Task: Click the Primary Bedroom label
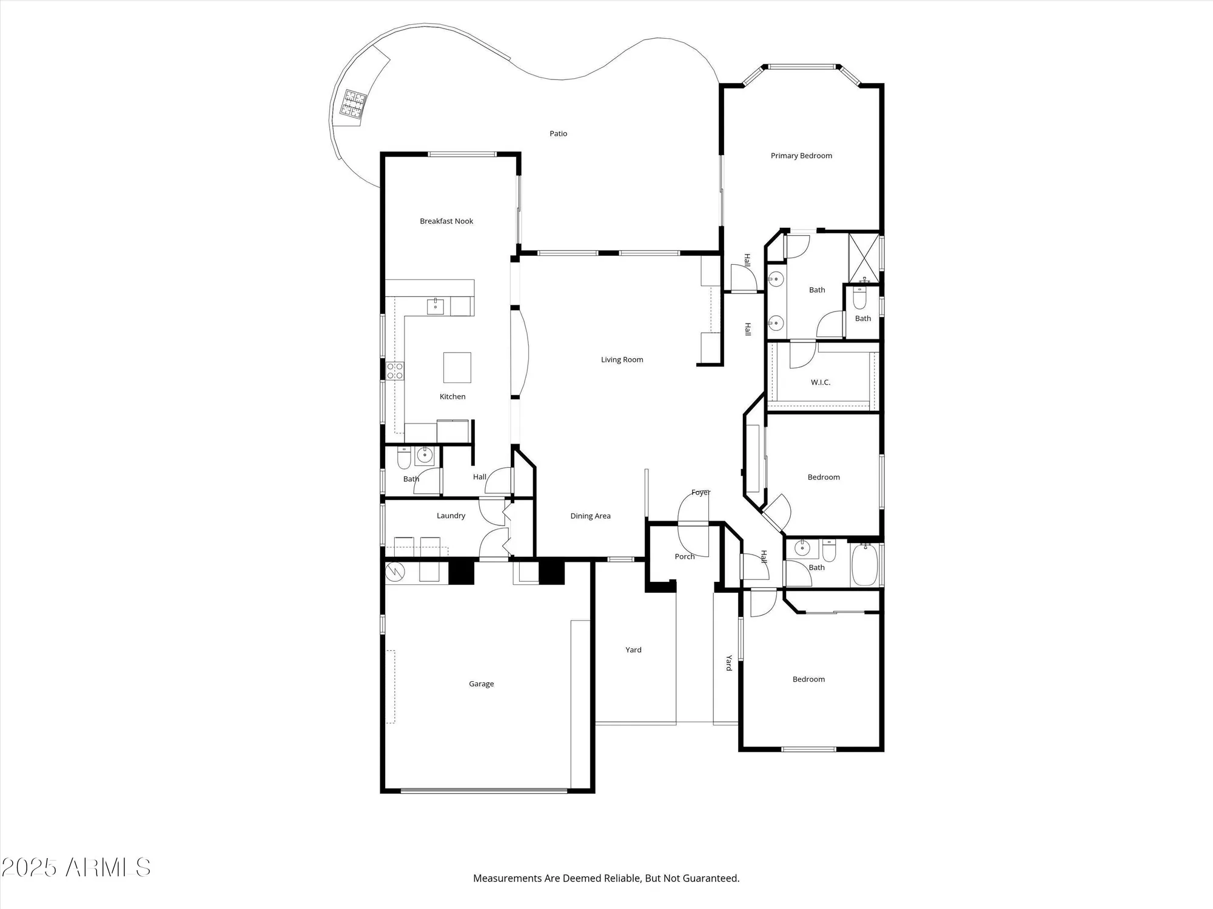[x=801, y=156]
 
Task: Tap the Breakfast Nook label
[x=446, y=221]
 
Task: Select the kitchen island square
[x=457, y=367]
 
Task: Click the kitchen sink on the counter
[x=435, y=307]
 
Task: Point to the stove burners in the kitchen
[x=395, y=371]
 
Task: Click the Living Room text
[x=622, y=360]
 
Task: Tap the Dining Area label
[x=590, y=516]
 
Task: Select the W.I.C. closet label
[x=820, y=382]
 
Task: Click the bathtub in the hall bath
[x=864, y=565]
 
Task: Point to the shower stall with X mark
[x=863, y=258]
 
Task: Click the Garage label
[x=481, y=684]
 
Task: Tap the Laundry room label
[x=451, y=516]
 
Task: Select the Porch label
[x=685, y=556]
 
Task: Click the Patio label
[x=558, y=134]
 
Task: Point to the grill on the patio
[x=354, y=104]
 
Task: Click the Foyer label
[x=701, y=493]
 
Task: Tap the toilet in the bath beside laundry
[x=404, y=459]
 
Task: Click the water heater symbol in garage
[x=395, y=571]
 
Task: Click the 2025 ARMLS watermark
[x=76, y=868]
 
